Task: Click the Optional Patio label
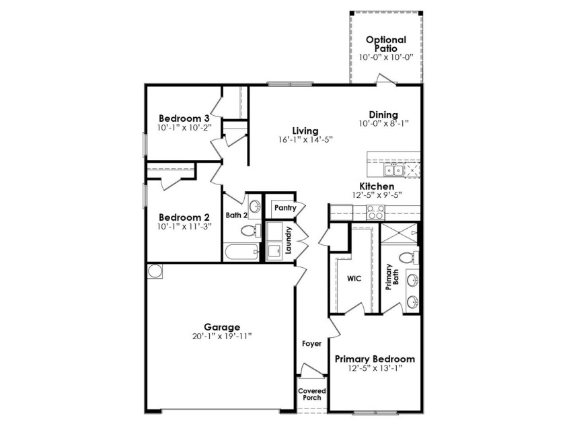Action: [x=386, y=44]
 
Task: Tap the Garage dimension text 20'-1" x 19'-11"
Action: [x=222, y=337]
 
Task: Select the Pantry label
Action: [x=285, y=208]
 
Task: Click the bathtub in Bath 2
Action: [x=241, y=251]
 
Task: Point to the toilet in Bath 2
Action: [x=250, y=230]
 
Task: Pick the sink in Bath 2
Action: [x=255, y=207]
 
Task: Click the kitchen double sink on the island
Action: [x=393, y=170]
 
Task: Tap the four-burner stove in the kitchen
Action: [x=375, y=213]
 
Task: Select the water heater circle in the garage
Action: [x=155, y=271]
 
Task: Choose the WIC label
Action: [x=354, y=279]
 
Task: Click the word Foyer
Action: [x=311, y=344]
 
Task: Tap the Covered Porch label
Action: [x=312, y=394]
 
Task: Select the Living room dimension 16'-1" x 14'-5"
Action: [x=305, y=139]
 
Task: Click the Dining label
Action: [x=383, y=114]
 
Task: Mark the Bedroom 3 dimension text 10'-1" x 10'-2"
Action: [x=184, y=128]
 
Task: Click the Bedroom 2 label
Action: [x=184, y=217]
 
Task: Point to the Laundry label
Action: [x=288, y=240]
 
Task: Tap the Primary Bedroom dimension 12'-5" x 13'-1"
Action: [x=375, y=368]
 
